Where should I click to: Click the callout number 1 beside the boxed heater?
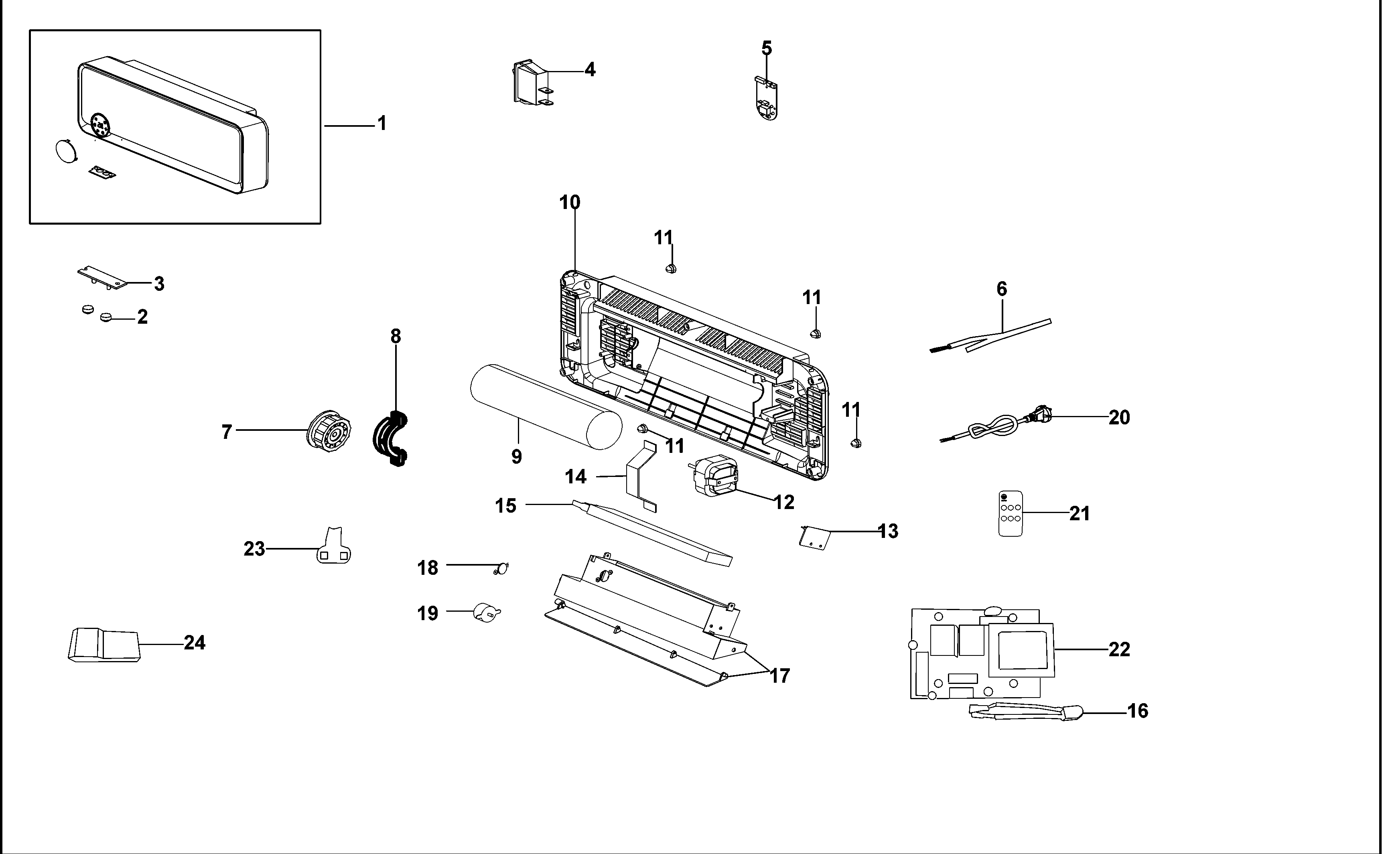point(382,123)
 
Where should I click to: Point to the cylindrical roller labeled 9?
point(546,407)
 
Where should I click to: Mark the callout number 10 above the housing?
point(570,202)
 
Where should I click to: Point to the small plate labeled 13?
point(814,537)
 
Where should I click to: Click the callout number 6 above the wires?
point(1001,289)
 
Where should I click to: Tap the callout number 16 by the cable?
point(1137,710)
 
